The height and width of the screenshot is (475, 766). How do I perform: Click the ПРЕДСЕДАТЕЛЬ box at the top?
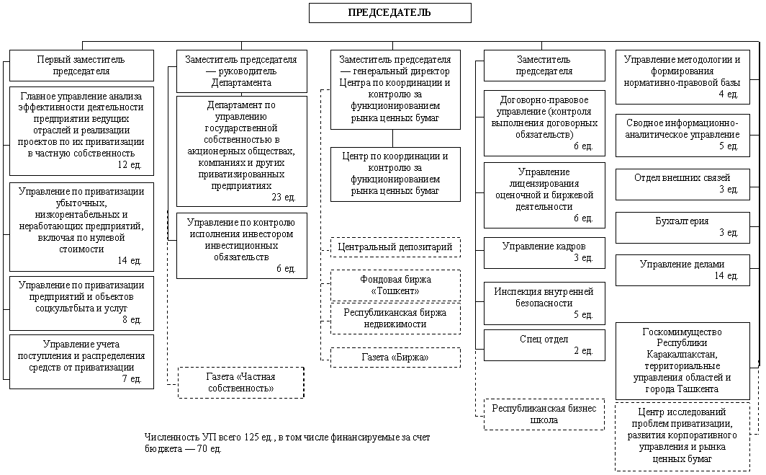pos(390,13)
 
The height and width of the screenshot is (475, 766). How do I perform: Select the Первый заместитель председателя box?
pos(81,66)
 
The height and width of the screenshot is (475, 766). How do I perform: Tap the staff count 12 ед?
pos(130,165)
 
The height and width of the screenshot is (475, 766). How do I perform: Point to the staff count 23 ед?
pos(284,197)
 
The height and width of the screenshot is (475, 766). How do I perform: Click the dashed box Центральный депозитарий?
pos(395,247)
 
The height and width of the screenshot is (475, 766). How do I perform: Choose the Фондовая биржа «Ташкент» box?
pos(395,285)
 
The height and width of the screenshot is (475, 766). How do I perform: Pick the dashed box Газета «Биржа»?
pos(395,358)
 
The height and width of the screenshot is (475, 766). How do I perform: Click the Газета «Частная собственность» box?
pos(241,383)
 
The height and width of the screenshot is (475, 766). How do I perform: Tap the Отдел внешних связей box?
pos(682,185)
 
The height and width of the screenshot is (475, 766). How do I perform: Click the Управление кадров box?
pos(544,253)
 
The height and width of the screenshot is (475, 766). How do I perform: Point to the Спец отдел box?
pos(544,345)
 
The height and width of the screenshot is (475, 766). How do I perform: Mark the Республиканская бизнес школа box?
pos(544,414)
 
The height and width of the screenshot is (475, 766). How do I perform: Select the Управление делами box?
pos(682,270)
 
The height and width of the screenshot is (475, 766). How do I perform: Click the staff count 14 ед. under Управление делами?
pos(726,276)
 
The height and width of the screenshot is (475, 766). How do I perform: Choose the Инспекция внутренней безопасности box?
pos(544,303)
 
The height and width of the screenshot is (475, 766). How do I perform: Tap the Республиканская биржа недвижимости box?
pos(395,319)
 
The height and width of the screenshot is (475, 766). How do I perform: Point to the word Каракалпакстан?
pos(682,354)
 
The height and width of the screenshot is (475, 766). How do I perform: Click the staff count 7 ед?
pos(132,378)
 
